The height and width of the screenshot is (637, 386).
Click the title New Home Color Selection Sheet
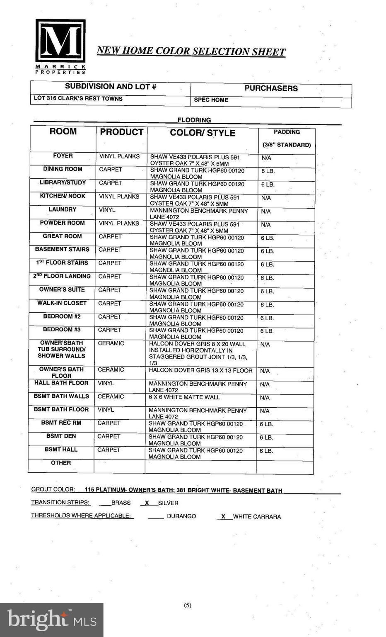(x=191, y=51)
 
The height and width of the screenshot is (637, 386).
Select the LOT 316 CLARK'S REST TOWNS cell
(x=78, y=99)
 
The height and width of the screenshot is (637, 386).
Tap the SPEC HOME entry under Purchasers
(x=211, y=100)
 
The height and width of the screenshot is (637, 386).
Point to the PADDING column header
(x=287, y=132)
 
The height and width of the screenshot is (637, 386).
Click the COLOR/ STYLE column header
(x=203, y=133)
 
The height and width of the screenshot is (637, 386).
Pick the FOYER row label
(x=63, y=156)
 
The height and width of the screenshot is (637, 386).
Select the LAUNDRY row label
(x=63, y=209)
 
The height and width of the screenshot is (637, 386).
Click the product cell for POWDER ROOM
(x=119, y=224)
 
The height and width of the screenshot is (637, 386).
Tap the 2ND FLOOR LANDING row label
(x=62, y=276)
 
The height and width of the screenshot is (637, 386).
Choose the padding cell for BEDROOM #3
(x=267, y=331)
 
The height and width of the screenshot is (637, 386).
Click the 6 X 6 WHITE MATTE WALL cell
(x=184, y=397)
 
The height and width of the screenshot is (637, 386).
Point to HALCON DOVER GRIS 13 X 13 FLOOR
(x=200, y=371)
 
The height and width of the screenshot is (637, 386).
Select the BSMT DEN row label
(x=61, y=436)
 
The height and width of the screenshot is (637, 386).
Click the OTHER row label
(x=61, y=463)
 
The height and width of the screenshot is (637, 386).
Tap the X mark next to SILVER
(x=147, y=503)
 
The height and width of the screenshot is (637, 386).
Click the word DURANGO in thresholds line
(x=181, y=516)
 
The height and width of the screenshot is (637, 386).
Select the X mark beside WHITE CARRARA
(x=223, y=516)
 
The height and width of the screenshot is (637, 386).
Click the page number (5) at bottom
(x=188, y=605)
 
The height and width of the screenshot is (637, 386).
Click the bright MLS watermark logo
(x=51, y=620)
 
